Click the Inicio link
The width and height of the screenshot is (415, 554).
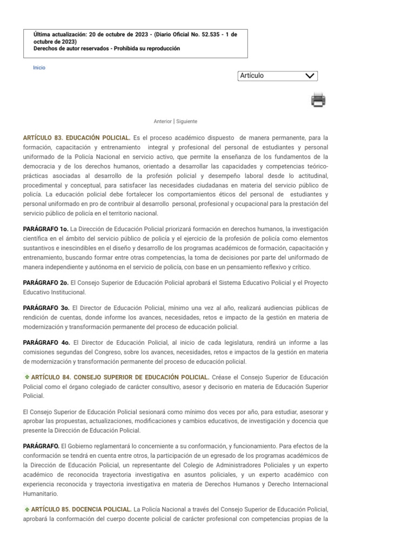click(39, 68)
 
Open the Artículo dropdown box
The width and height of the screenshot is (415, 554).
click(277, 76)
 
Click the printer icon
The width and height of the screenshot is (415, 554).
click(318, 100)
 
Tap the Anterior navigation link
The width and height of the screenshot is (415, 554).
click(163, 122)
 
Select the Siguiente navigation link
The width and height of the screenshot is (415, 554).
click(186, 122)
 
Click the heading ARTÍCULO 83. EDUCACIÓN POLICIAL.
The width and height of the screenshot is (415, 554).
click(76, 138)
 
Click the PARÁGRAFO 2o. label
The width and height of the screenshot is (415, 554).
click(45, 283)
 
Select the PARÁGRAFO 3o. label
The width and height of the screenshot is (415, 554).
click(45, 307)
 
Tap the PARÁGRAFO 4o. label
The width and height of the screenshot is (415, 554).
click(45, 342)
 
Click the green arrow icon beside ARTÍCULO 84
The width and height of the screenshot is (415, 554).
click(26, 377)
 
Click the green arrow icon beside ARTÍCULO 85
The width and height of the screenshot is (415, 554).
click(26, 509)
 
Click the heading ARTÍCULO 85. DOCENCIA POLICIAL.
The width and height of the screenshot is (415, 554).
click(81, 509)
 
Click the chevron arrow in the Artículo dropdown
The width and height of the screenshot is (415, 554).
click(310, 76)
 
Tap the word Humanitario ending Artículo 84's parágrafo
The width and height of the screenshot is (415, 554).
click(40, 493)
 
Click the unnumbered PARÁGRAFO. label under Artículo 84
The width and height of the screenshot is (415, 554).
click(41, 446)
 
